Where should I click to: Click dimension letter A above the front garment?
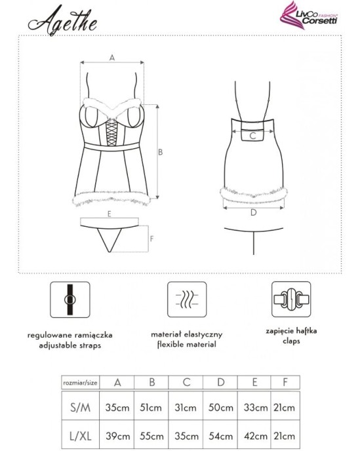pos(112,58)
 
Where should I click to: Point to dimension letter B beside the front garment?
pos(161,152)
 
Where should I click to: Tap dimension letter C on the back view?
pos(251,136)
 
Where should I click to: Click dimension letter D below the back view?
pos(252,212)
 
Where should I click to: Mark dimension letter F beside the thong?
pos(151,239)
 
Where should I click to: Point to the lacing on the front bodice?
pos(111,130)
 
